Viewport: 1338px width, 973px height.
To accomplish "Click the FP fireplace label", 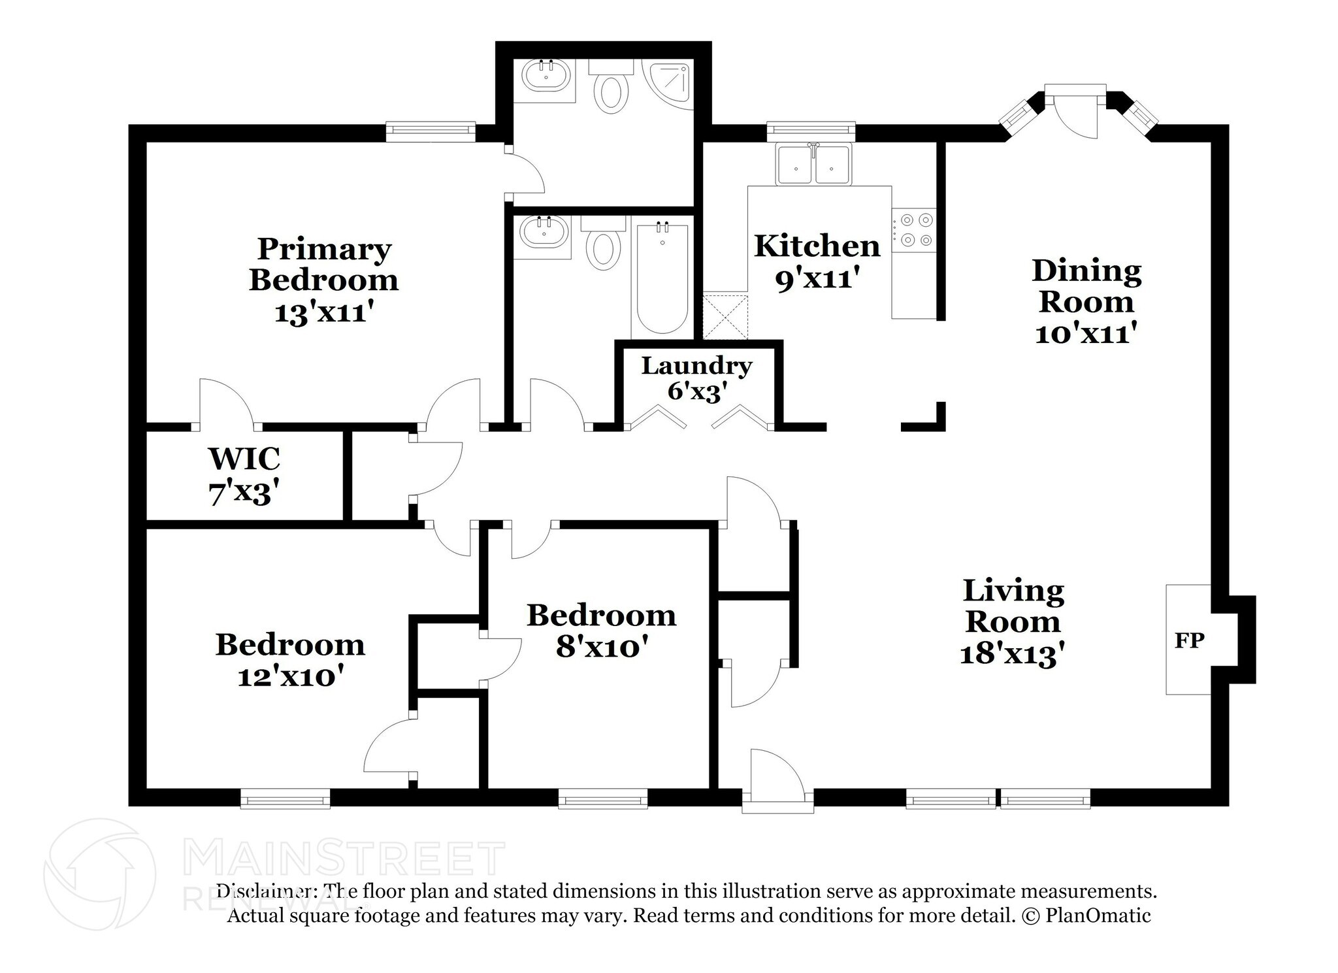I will [x=1189, y=640].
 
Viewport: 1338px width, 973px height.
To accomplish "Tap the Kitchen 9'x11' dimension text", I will [x=816, y=279].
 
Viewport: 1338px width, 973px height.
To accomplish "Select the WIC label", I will [x=244, y=459].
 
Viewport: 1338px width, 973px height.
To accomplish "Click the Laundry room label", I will [x=696, y=366].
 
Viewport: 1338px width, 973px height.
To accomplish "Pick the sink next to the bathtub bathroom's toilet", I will [x=544, y=233].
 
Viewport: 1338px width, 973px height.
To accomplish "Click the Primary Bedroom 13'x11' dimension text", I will [x=323, y=312].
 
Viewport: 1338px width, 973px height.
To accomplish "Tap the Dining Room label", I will [x=1086, y=286].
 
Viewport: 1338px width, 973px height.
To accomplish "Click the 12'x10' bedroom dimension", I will [x=291, y=676].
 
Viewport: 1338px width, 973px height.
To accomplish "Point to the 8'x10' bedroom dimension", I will [x=602, y=648].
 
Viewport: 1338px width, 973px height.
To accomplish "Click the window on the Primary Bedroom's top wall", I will [x=430, y=131].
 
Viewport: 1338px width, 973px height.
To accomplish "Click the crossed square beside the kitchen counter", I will [x=725, y=317].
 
